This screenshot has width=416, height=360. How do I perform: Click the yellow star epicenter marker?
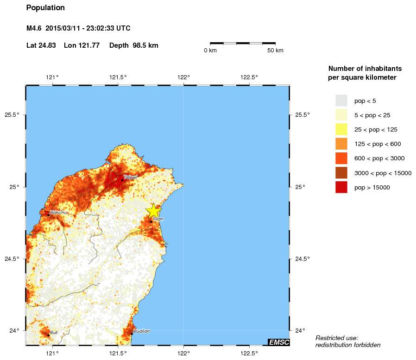coord(153,210)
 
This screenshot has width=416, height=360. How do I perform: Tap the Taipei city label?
coord(130,177)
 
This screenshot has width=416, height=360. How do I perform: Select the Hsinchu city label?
coord(58,212)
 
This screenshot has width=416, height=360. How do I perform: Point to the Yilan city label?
coord(158,219)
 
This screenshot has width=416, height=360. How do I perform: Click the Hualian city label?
coord(141,331)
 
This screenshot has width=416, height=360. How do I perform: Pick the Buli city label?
coord(54,332)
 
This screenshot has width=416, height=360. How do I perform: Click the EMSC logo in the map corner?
coord(279,342)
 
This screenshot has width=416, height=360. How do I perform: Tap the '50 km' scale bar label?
coord(275,51)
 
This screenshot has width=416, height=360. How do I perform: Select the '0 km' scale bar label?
coord(210,51)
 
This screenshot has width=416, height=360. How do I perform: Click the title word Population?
coord(45,8)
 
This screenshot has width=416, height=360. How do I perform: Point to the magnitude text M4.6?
coord(35,28)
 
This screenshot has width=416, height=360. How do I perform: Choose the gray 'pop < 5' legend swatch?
coord(341,101)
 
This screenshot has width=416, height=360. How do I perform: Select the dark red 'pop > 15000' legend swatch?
coord(341,188)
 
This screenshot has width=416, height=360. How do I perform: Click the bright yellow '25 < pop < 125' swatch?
coord(341,129)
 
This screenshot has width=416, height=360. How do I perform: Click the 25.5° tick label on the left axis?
coord(12,115)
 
